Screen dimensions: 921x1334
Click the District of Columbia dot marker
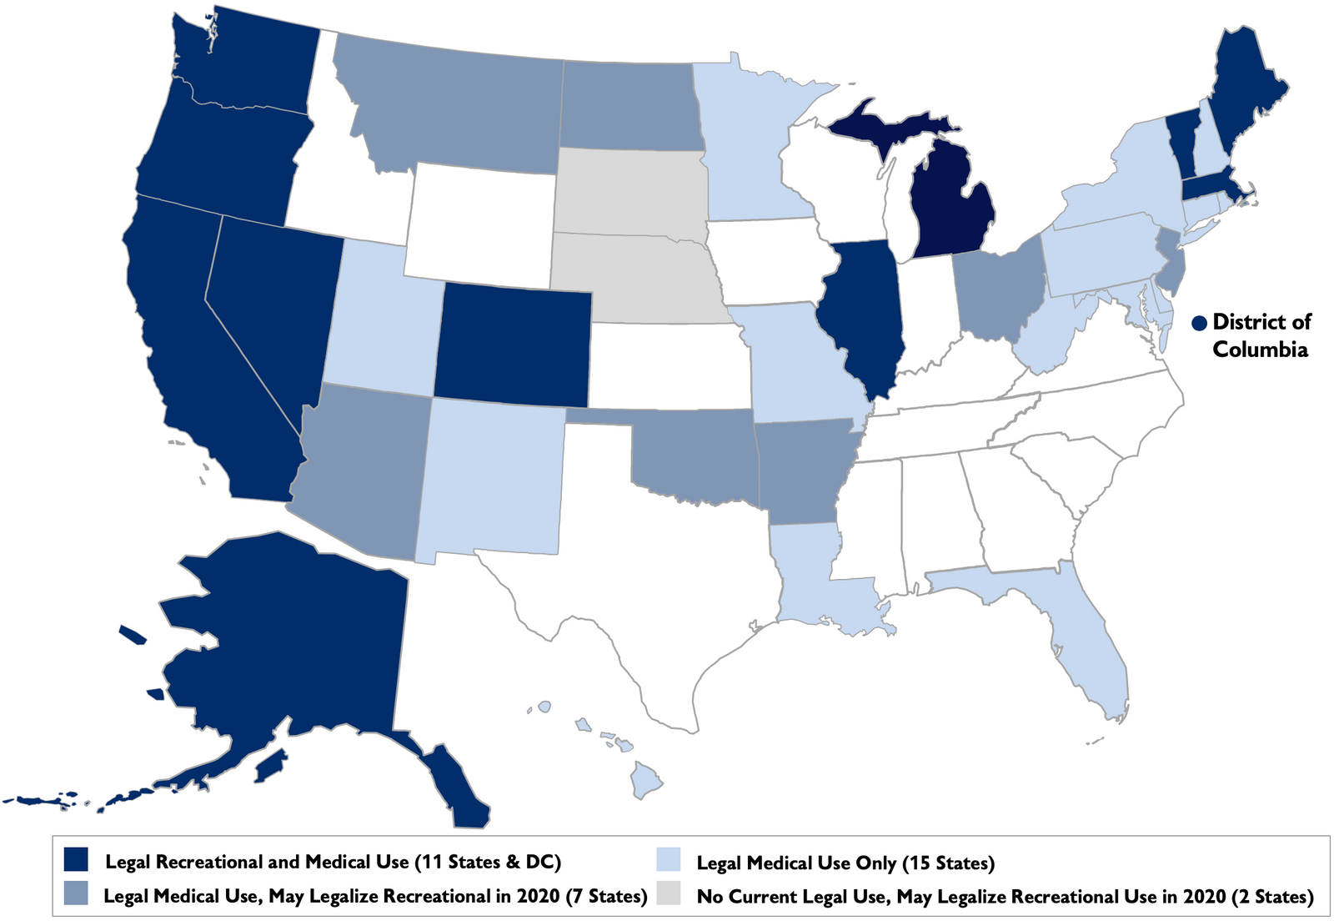coord(1200,323)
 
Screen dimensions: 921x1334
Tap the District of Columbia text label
coord(1261,335)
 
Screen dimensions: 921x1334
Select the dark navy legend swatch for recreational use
coord(76,860)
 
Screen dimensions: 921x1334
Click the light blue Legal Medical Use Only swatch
coord(668,860)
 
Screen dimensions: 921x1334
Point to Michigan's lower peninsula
coord(950,204)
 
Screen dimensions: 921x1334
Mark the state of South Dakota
coord(629,192)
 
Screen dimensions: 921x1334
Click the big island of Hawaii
coord(646,782)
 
